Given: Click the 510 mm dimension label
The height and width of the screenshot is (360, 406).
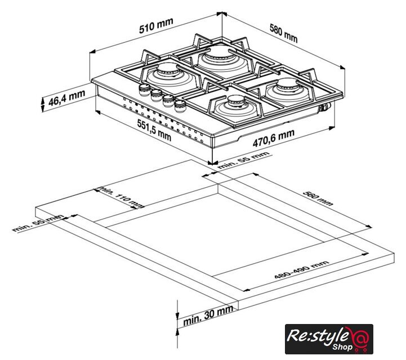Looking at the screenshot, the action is (x=156, y=26).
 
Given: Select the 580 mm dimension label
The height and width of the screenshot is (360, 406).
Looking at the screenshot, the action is (x=284, y=33).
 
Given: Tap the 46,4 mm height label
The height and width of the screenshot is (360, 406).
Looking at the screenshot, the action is (x=66, y=98).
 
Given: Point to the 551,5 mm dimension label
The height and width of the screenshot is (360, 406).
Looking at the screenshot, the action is (x=154, y=130).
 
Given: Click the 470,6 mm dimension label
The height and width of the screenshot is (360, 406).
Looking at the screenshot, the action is (x=274, y=138).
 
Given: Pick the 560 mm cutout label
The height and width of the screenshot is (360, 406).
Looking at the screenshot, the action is (x=318, y=199).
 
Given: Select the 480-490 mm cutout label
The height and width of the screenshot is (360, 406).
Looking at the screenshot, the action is (x=302, y=270).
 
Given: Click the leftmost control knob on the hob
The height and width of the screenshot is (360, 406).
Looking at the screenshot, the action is (x=145, y=89).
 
